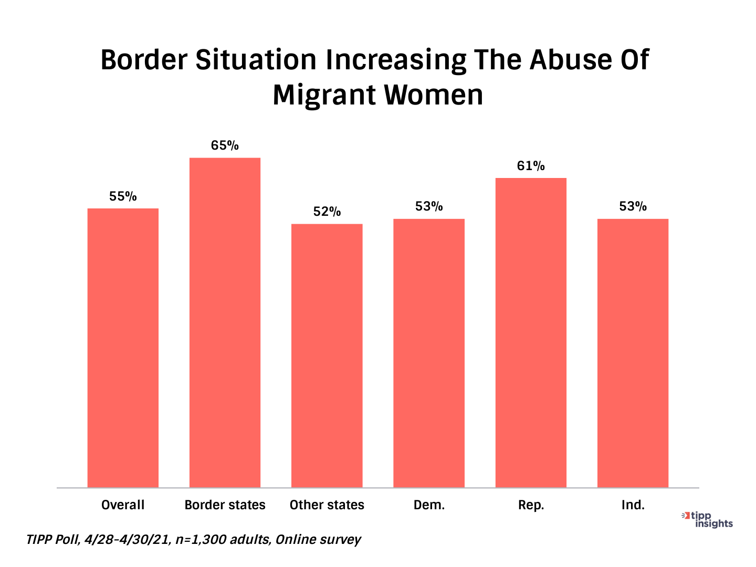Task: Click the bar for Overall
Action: pos(123,348)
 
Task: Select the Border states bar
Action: pos(225,322)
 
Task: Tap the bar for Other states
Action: pos(327,355)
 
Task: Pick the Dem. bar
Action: pos(429,353)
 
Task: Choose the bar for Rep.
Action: pos(531,332)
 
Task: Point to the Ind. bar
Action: pos(633,353)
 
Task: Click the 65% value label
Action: pos(225,145)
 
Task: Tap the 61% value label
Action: pos(531,166)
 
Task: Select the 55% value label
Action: pos(123,196)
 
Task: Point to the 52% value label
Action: pos(327,212)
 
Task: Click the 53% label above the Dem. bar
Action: pos(429,206)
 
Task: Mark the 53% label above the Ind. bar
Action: pos(633,206)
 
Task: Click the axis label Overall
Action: pos(123,505)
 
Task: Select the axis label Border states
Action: pos(225,505)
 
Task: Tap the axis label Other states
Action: pos(327,505)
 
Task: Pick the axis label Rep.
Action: pos(531,505)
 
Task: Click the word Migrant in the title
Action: pos(323,96)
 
